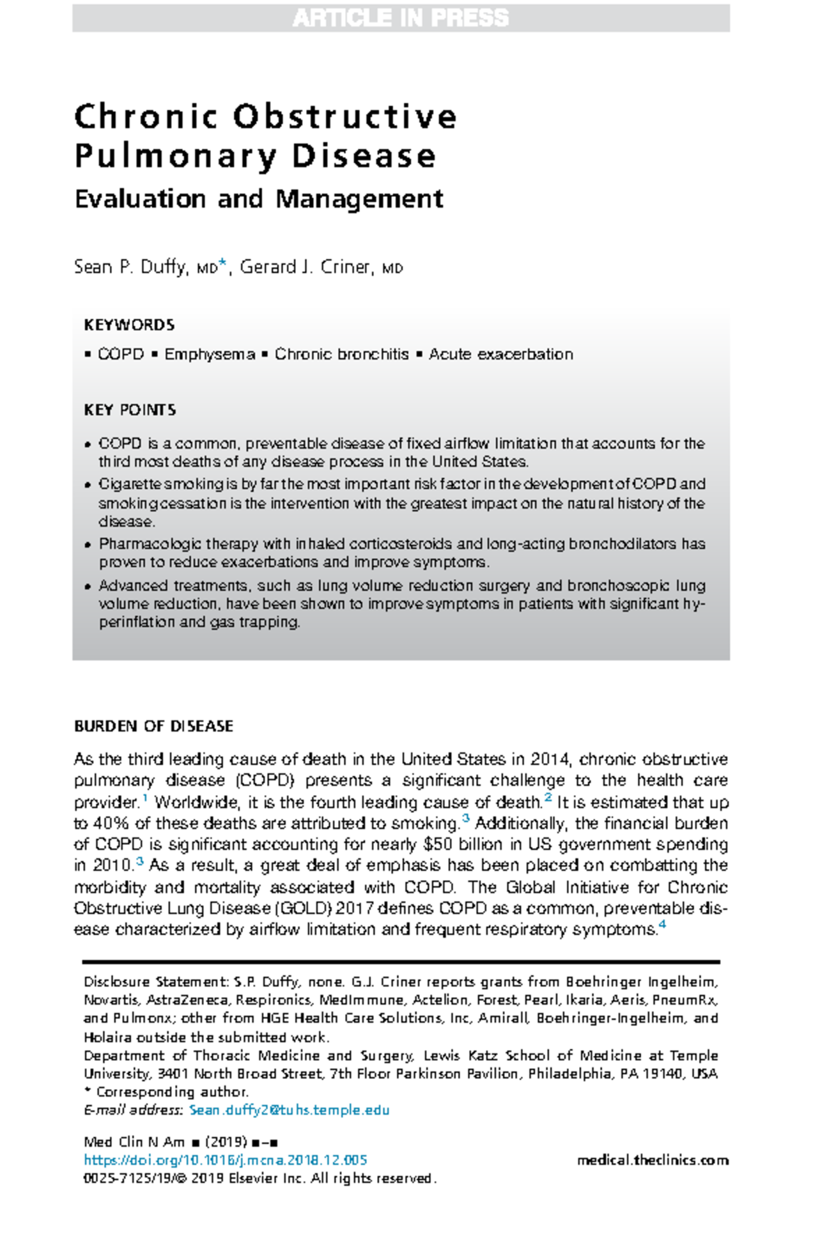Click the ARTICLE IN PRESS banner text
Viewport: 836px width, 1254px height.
click(x=401, y=17)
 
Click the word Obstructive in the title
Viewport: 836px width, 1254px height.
click(x=345, y=117)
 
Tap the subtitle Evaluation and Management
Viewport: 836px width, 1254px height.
click(x=258, y=199)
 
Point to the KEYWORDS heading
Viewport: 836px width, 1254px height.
click(x=129, y=325)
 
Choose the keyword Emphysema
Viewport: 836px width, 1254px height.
click(x=210, y=355)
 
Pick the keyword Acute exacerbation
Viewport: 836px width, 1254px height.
click(x=501, y=355)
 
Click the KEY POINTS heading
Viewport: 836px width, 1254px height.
click(x=130, y=410)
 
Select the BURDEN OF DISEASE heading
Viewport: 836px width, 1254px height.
click(x=153, y=727)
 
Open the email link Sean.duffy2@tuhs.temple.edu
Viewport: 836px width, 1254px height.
click(x=289, y=1110)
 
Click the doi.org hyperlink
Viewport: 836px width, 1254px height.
click(x=225, y=1161)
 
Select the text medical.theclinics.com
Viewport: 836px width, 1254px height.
click(x=653, y=1161)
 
